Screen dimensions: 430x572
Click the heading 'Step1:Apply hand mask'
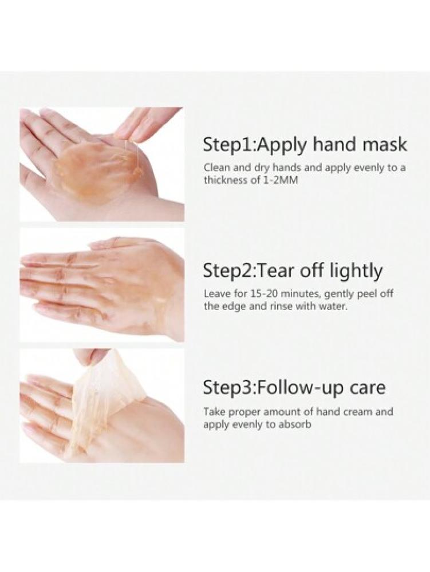point(305,145)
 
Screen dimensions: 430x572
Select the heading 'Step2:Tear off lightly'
point(293,272)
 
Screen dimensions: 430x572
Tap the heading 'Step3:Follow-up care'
point(294,388)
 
